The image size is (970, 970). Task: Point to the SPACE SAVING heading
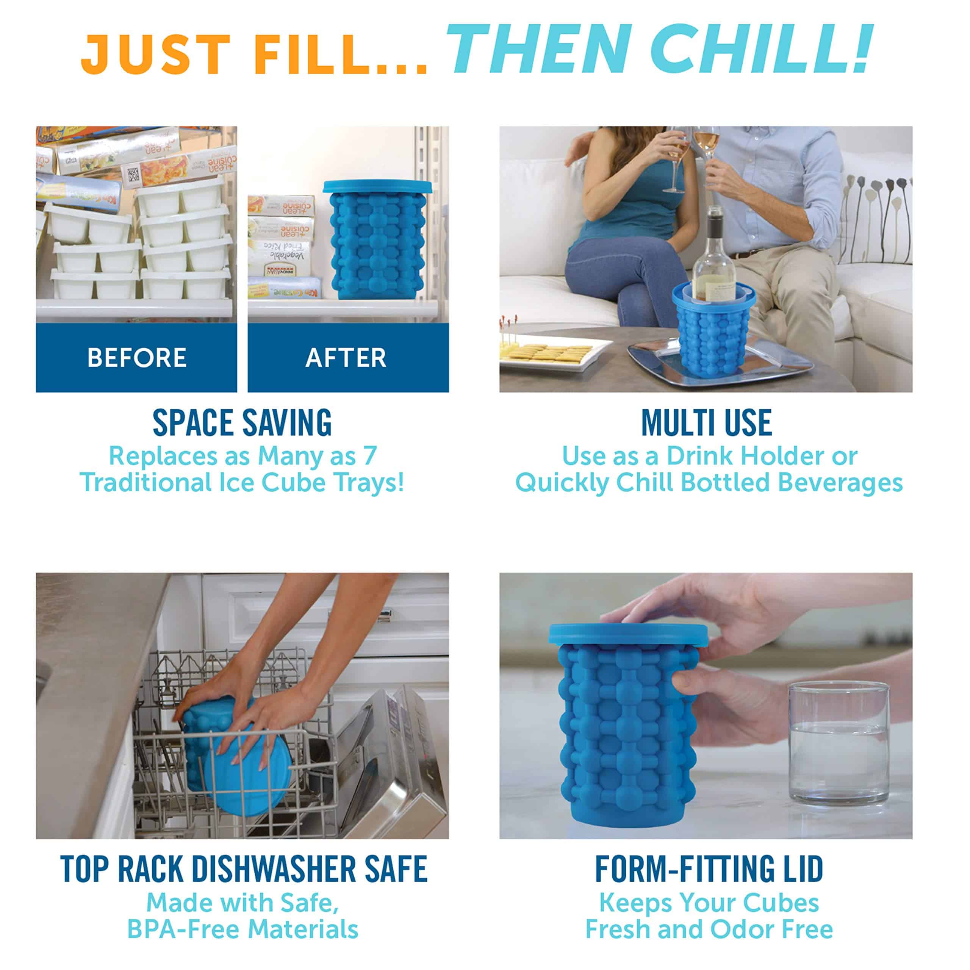pos(242,423)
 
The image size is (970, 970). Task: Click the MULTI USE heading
pos(706,423)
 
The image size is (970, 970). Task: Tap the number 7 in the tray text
pos(369,456)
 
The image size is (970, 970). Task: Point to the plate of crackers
pos(552,354)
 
